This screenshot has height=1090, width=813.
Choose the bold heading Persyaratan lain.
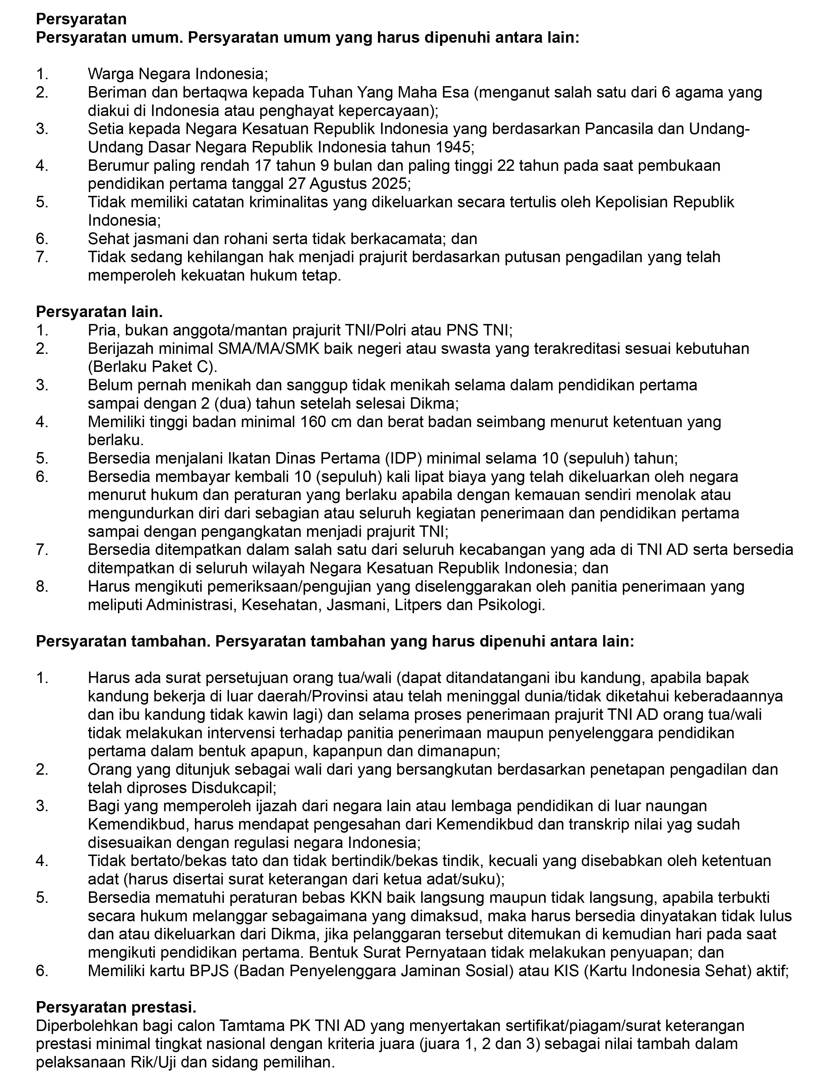coord(99,312)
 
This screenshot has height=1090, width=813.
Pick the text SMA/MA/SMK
coord(268,349)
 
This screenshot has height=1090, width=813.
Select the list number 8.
coord(42,586)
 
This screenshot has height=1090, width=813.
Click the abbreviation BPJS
coord(203,971)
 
